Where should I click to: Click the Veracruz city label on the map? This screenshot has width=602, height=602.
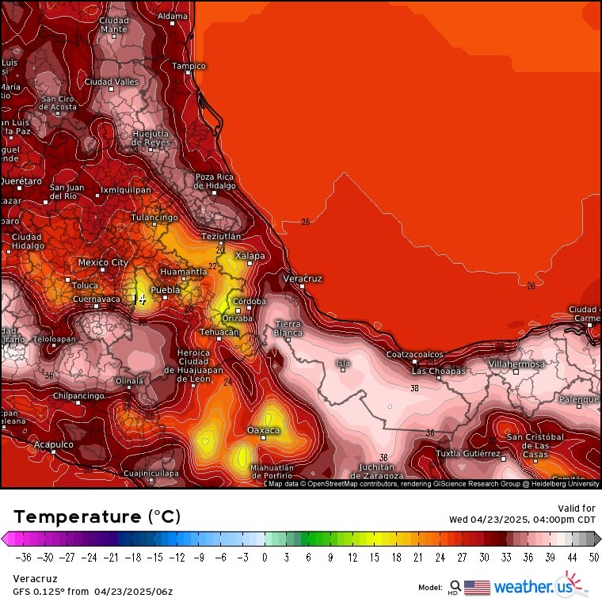click(x=303, y=279)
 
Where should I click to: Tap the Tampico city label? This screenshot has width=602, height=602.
click(x=189, y=66)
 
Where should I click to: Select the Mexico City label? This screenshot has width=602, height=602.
click(x=103, y=262)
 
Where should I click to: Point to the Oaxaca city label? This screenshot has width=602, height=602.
click(x=264, y=430)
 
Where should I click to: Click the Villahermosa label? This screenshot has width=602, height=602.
click(x=516, y=364)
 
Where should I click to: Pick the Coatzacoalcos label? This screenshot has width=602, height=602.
click(x=415, y=355)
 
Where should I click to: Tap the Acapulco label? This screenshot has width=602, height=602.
click(x=53, y=445)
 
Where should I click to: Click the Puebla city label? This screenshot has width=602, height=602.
click(x=166, y=290)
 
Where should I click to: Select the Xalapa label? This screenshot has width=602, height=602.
click(x=250, y=256)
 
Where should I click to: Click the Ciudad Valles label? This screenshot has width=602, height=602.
click(x=112, y=82)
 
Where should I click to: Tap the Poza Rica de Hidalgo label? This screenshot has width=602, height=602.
click(x=215, y=181)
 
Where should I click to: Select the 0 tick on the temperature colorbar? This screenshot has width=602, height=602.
click(x=265, y=558)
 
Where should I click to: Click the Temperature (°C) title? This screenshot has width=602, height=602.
click(x=97, y=517)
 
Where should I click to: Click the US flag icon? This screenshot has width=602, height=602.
click(x=477, y=587)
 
